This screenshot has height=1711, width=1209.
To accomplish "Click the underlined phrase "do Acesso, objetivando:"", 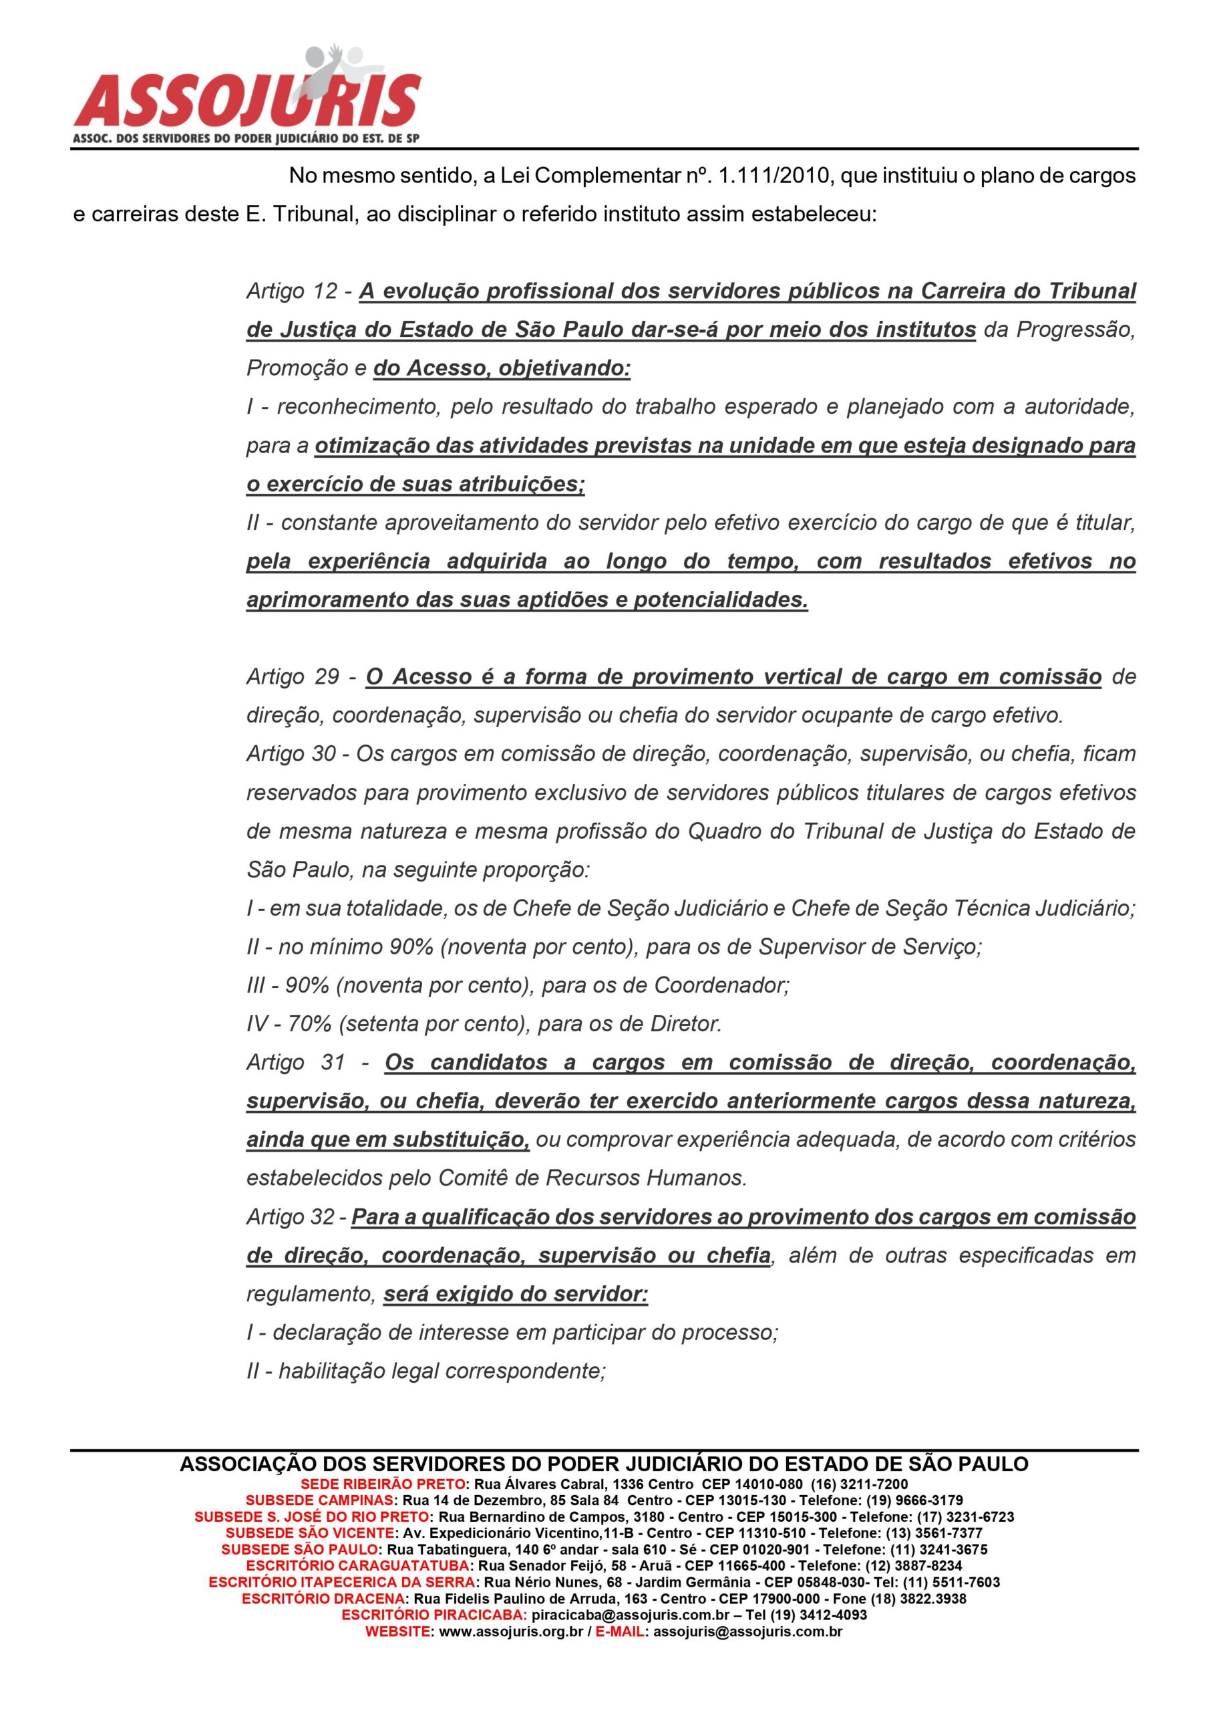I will [502, 368].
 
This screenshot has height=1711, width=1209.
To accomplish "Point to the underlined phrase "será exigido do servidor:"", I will [516, 1295].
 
